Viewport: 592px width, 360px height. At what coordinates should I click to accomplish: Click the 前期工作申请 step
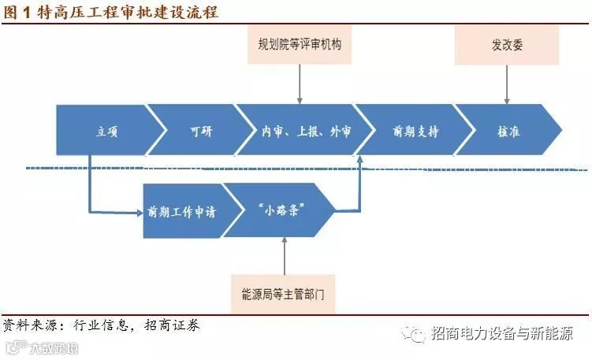183,210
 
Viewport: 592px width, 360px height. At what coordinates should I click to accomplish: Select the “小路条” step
275,210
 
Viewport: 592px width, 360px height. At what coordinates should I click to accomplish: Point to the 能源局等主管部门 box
283,294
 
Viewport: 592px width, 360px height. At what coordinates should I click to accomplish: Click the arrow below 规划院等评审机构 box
300,82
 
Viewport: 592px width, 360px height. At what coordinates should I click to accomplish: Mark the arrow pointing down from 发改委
507,82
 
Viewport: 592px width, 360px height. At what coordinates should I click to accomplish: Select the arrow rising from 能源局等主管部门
283,254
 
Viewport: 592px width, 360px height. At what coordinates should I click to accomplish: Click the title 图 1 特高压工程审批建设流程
111,12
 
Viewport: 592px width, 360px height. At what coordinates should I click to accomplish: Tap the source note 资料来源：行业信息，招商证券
101,325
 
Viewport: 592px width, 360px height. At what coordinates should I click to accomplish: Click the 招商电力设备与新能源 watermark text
501,333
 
